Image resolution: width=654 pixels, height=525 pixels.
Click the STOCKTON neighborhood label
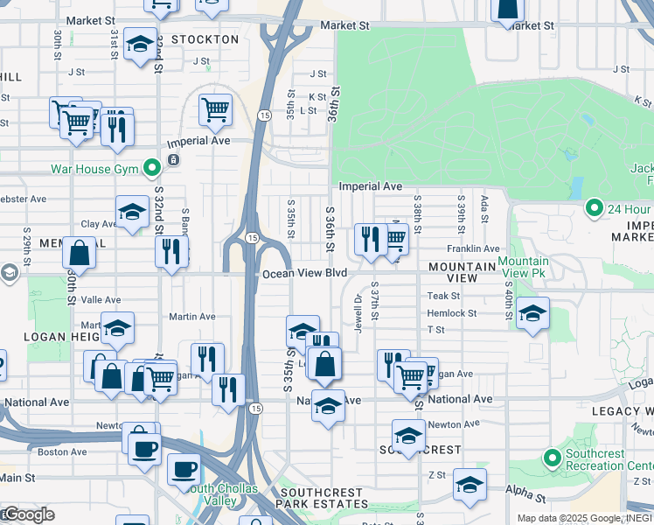(x=205, y=39)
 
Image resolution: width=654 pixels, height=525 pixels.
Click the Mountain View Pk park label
(x=524, y=268)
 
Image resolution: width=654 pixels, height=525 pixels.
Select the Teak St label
(x=443, y=297)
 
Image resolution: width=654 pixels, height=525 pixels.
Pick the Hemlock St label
(x=451, y=313)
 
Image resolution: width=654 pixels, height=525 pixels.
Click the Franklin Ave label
(x=473, y=249)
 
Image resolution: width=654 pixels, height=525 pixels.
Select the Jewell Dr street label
(x=358, y=311)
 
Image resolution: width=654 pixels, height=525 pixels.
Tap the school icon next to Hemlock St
(x=532, y=313)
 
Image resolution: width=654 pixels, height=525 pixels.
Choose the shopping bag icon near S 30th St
(x=79, y=252)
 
